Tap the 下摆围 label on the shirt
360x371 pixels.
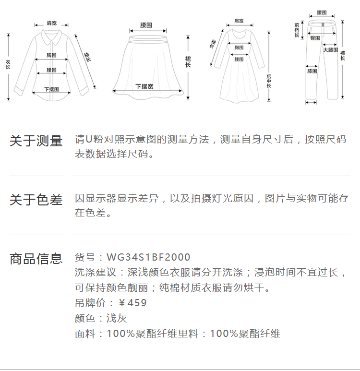click(x=51, y=89)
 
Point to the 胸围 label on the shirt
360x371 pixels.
click(x=52, y=55)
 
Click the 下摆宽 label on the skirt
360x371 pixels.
click(x=144, y=86)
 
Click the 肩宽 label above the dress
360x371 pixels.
click(x=239, y=21)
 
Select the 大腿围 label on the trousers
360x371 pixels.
click(x=330, y=49)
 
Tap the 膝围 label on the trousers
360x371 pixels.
click(x=312, y=71)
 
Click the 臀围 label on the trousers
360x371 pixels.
click(x=315, y=37)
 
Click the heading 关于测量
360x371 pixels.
click(x=36, y=141)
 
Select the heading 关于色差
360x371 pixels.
click(x=36, y=200)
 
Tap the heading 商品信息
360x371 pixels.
click(x=36, y=259)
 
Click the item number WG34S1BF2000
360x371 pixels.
click(x=148, y=257)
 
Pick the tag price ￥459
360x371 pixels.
click(x=132, y=303)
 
